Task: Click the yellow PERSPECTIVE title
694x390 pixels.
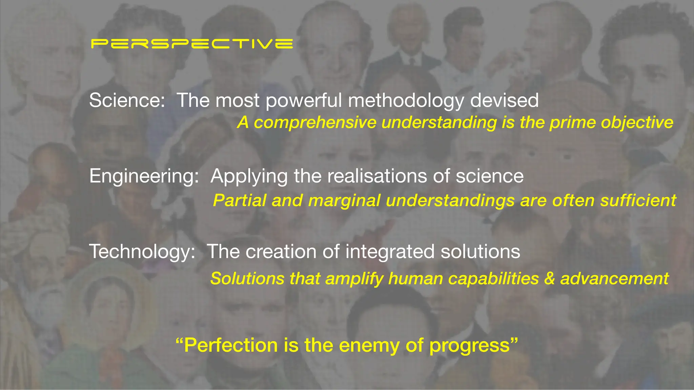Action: (x=192, y=44)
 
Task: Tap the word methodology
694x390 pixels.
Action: (x=406, y=101)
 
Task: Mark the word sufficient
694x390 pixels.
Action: (x=638, y=200)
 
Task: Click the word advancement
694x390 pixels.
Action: (x=614, y=279)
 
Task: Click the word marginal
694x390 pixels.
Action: (x=344, y=200)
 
